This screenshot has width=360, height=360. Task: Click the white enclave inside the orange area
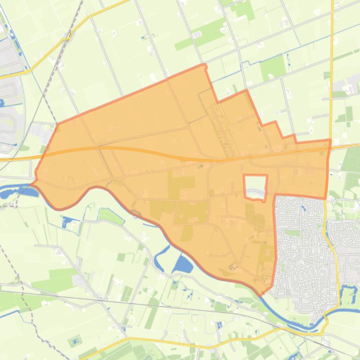point(255,187)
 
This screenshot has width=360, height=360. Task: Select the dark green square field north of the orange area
point(272,67)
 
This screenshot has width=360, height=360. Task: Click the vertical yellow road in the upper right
point(332,56)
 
